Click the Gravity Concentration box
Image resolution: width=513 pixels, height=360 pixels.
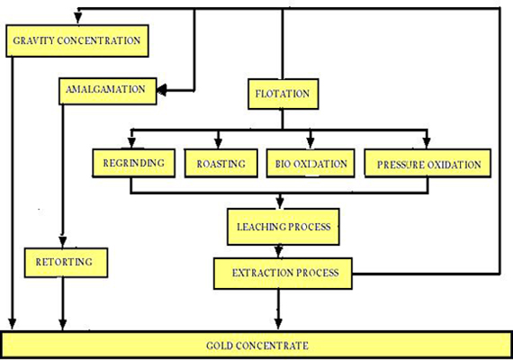coord(76,40)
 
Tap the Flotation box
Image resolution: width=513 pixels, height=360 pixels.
coord(283,93)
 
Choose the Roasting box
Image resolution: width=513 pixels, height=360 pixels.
coord(221,164)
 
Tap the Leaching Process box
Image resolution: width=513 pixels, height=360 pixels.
coord(283,225)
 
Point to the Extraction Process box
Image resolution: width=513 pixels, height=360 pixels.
coord(283,271)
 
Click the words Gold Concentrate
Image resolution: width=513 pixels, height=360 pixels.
coord(256,345)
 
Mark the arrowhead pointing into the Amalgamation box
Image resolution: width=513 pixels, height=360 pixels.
coord(164,89)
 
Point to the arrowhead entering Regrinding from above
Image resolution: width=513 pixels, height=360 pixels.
coord(131,142)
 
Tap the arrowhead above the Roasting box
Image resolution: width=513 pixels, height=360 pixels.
coord(221,142)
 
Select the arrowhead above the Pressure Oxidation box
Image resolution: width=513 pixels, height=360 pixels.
coord(427,142)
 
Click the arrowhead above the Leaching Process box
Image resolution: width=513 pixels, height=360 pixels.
coord(283,202)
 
